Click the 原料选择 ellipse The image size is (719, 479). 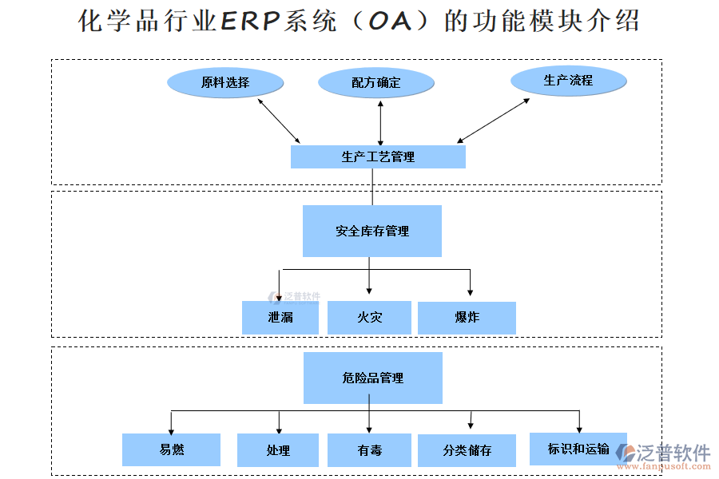(225, 82)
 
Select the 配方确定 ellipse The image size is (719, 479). (376, 82)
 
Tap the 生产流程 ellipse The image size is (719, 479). (568, 80)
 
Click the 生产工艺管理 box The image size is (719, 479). (378, 156)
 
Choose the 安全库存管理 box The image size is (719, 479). (372, 231)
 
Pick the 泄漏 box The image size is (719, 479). (280, 317)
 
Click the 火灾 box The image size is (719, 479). (369, 317)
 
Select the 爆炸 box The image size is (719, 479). (467, 317)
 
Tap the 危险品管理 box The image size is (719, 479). (372, 378)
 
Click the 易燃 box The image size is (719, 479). (171, 449)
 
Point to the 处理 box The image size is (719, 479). (278, 450)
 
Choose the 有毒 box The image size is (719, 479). (369, 450)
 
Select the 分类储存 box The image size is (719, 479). (467, 450)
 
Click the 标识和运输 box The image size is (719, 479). (578, 449)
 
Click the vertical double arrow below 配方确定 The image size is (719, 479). (380, 122)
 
